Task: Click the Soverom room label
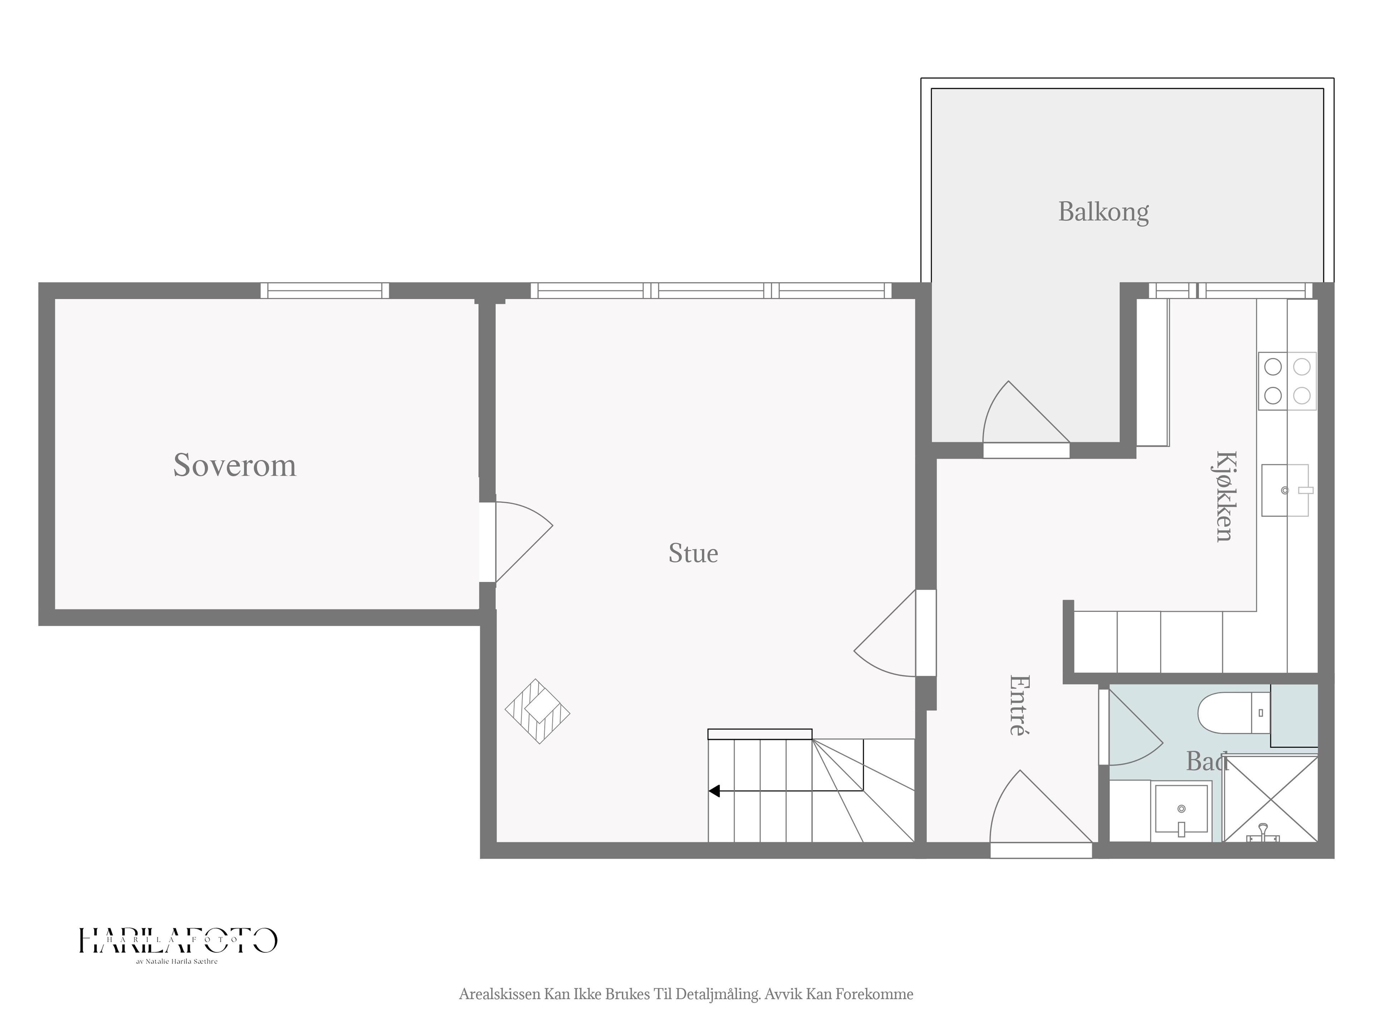pos(235,465)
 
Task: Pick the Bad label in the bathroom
pos(1207,761)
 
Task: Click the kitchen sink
pos(1285,490)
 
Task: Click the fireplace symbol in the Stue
pos(537,711)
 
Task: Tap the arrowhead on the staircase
pos(714,791)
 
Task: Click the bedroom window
pos(325,290)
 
